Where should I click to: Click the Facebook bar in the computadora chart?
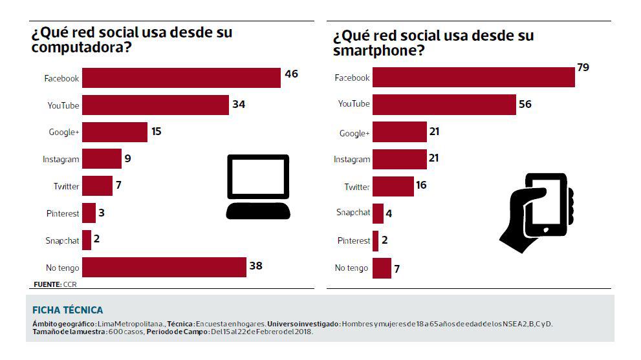pos(181,78)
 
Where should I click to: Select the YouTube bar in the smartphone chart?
pos(444,104)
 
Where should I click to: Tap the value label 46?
pos(291,74)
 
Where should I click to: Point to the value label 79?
pos(583,67)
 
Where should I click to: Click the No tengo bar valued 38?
pos(164,267)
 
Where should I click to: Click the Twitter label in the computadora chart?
pos(66,186)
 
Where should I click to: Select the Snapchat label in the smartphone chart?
pos(353,213)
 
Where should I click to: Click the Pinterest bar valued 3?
pos(89,213)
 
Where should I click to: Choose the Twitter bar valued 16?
pos(393,186)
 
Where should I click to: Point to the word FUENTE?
pos(47,284)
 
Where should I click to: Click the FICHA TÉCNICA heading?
pos(67,310)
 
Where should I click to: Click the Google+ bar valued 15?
pos(115,132)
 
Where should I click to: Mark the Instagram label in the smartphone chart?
pos(352,160)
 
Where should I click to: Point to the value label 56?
pos(525,104)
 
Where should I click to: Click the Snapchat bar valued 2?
pos(87,240)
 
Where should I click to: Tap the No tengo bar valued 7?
pos(382,268)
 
